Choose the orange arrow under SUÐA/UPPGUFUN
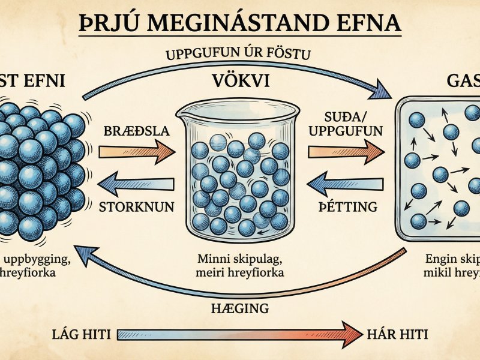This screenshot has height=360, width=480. (x=346, y=152)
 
